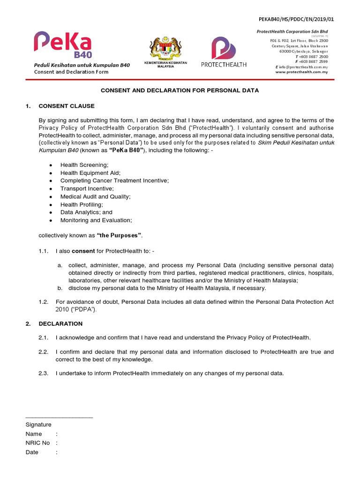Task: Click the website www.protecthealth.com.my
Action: (x=301, y=72)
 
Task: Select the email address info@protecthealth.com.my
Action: (x=303, y=67)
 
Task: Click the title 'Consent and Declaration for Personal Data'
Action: (x=180, y=90)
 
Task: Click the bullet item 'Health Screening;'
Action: (x=84, y=165)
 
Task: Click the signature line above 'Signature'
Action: (x=59, y=417)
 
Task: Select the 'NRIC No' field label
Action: (x=37, y=442)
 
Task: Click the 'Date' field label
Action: (x=32, y=452)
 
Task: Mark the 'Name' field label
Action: (x=34, y=434)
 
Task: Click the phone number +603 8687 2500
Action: (x=313, y=57)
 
